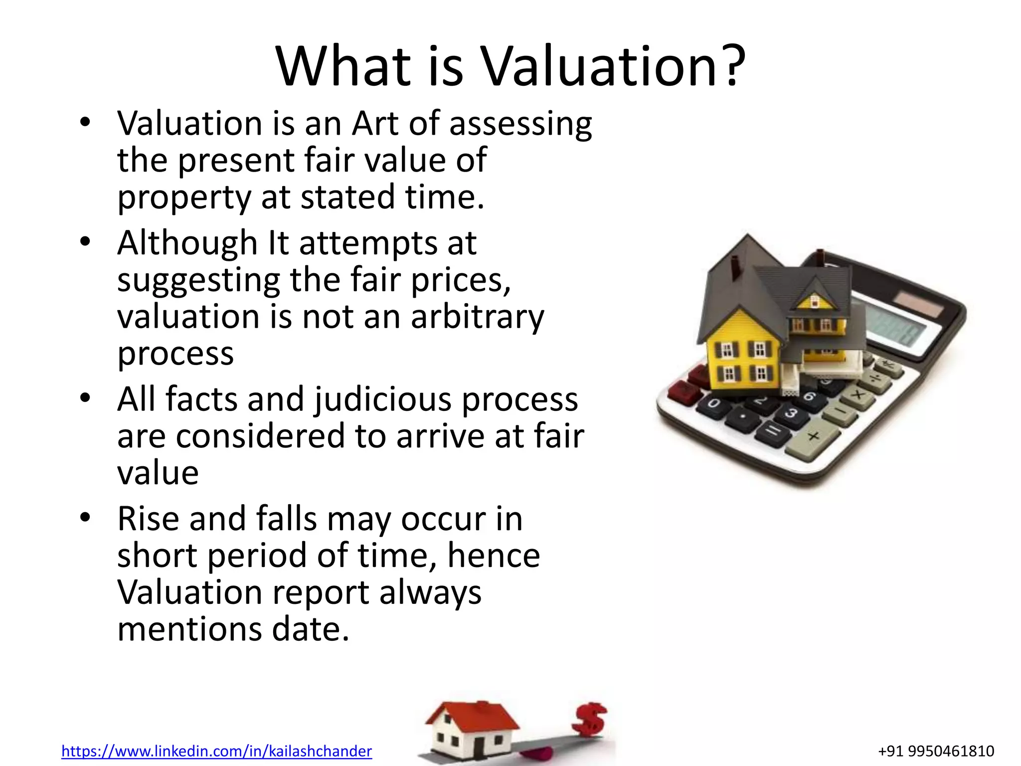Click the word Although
(187, 243)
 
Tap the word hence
(494, 556)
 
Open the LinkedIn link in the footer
(216, 751)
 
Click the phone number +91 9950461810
(936, 751)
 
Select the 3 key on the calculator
(791, 413)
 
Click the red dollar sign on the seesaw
(589, 719)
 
